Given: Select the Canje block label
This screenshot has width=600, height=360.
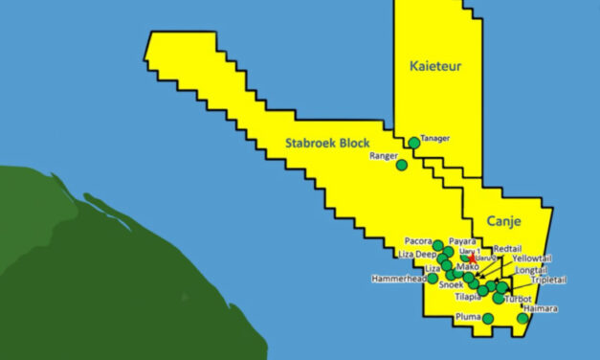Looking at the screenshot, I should pos(503,221).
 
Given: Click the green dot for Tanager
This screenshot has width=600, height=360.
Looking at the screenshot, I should pos(413,143).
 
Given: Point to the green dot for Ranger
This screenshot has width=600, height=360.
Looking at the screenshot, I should pos(402,165).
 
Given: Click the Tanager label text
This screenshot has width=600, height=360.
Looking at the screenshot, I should pos(435,139).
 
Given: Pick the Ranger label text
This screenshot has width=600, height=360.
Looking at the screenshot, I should pos(382,156).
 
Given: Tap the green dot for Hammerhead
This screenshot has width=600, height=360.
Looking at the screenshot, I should pos(433,279).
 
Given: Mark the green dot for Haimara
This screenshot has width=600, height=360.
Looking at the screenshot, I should pos(522,318).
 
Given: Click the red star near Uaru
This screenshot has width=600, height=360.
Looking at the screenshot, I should pos(471,259).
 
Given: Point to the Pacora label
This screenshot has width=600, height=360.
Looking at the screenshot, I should pos(418,241).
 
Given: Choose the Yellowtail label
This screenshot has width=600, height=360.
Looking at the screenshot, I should pos(532,259).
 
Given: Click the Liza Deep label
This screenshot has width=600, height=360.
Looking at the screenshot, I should pos(417,255).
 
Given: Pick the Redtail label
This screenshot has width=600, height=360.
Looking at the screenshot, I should pos(508,248).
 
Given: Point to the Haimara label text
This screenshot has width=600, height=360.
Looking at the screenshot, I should pos(542,309).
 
